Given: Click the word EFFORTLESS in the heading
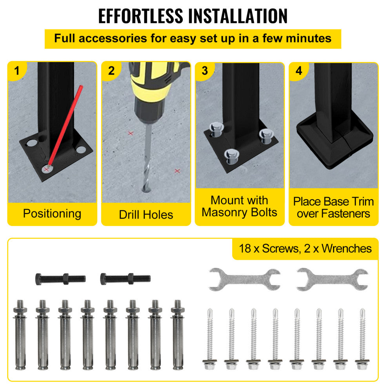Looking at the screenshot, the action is coord(140,16).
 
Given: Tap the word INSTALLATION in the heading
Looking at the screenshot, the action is coord(238,16).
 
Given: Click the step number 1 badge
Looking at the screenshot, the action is coord(16,71).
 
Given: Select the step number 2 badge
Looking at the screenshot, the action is coord(111,71).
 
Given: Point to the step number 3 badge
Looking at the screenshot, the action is coord(205,71).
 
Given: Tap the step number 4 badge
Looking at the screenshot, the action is coord(299,71).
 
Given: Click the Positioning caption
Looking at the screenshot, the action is coord(52,214).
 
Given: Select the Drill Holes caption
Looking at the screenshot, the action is coord(146,215).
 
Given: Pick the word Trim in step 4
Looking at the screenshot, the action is coord(363,202).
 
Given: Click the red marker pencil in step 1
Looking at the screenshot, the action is coord(66,125).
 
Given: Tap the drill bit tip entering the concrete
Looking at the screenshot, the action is coord(146,190).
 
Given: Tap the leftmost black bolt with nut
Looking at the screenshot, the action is coord(60,279).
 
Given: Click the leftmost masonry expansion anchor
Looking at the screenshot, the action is coord(20,335).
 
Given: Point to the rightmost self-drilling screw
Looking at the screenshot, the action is coord(362,339).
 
